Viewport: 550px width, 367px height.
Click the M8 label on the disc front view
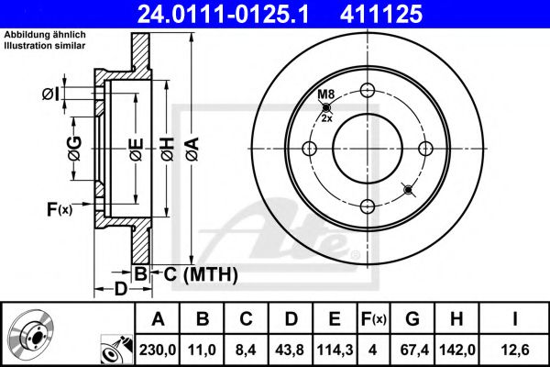(x=325, y=95)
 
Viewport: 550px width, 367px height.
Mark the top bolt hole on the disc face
(x=368, y=90)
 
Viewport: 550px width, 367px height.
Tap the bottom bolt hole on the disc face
(x=368, y=206)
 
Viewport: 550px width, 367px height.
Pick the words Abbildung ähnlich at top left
(x=45, y=35)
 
